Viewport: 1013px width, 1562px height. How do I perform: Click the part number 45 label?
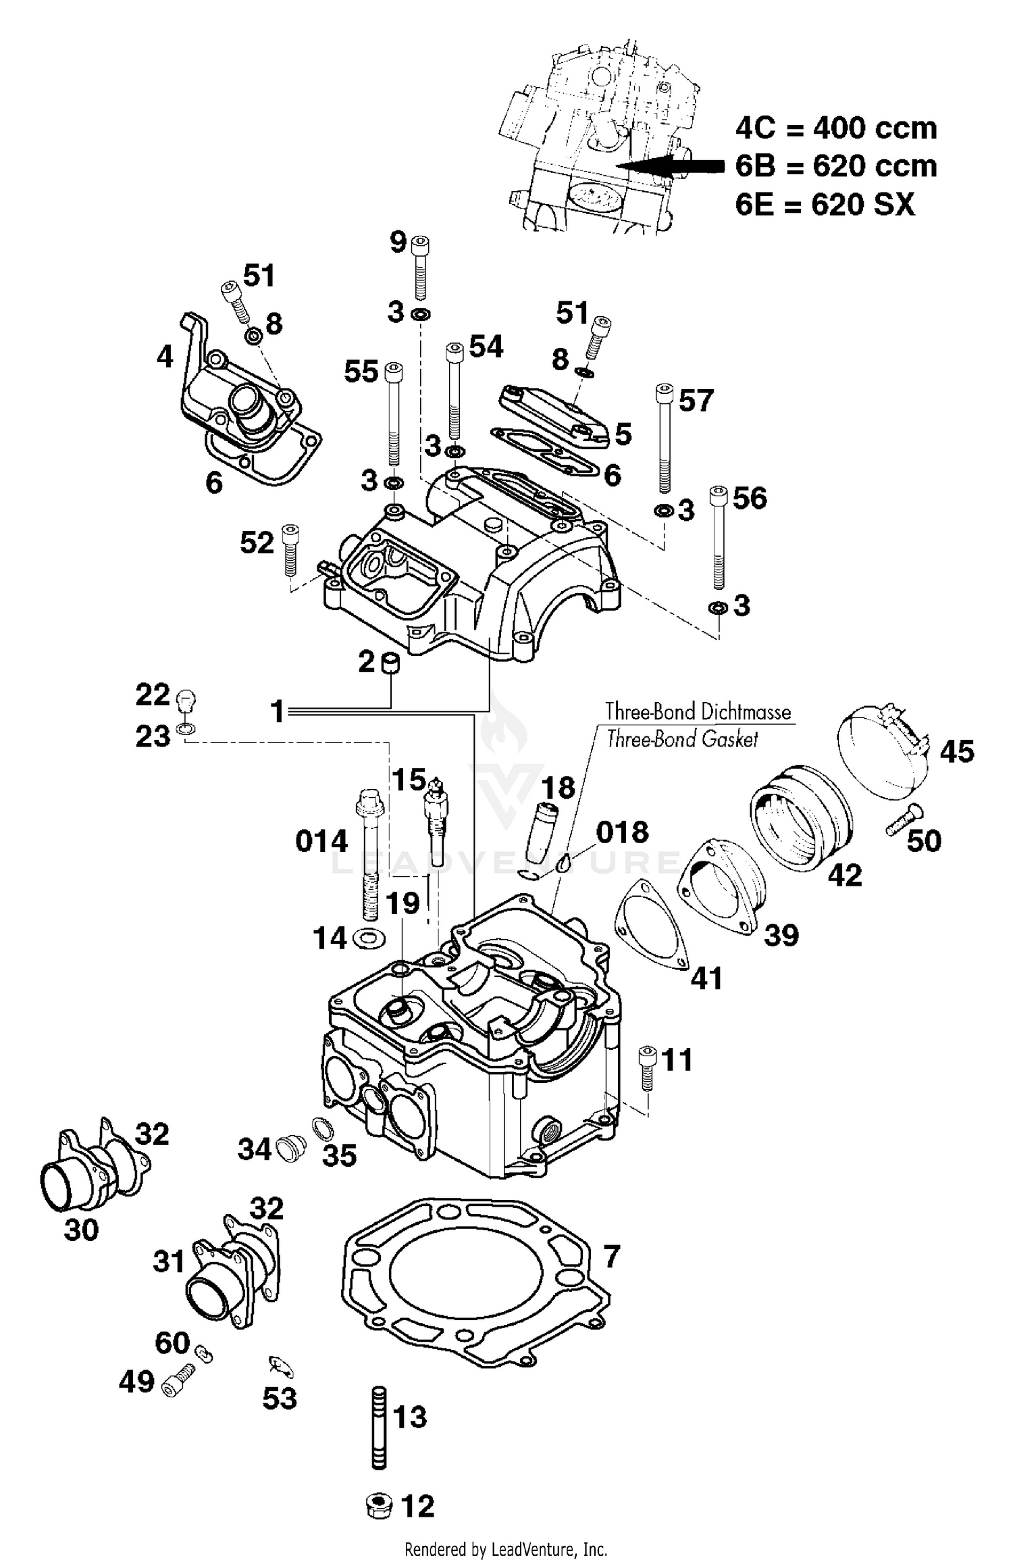click(956, 751)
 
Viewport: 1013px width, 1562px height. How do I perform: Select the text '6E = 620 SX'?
click(825, 204)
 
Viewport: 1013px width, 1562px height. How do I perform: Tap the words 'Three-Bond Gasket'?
click(682, 739)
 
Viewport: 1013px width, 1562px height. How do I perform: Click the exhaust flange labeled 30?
click(71, 1181)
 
